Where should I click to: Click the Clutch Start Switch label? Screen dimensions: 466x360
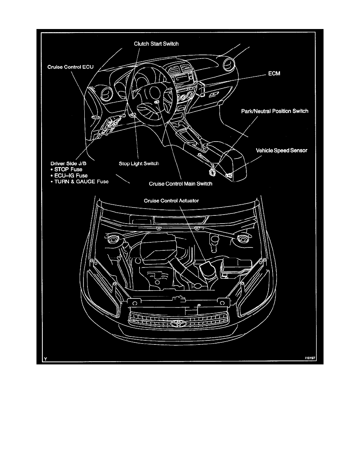click(x=156, y=44)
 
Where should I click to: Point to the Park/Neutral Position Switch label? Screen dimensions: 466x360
click(x=275, y=111)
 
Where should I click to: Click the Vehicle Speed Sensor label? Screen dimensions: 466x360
click(x=282, y=150)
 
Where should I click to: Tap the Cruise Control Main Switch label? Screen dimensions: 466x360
click(x=181, y=184)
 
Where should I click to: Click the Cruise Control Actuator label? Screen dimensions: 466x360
click(x=171, y=200)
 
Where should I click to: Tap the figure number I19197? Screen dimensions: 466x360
click(x=310, y=359)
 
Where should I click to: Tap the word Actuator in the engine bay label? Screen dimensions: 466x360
click(x=188, y=200)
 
